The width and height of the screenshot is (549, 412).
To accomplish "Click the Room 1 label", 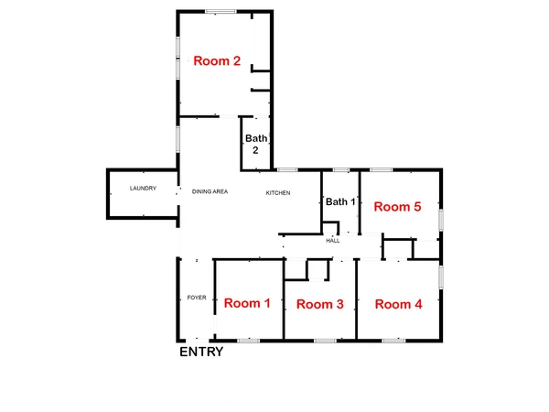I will click(x=247, y=303).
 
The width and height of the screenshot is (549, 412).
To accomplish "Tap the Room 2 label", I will click(x=217, y=61).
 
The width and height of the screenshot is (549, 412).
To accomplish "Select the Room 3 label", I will click(x=320, y=304).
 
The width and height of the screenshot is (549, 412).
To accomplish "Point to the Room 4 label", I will click(x=398, y=304).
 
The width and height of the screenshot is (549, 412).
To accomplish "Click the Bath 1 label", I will click(x=339, y=201).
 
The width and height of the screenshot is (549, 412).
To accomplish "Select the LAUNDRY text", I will click(x=143, y=189).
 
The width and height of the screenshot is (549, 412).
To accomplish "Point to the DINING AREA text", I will click(x=210, y=192).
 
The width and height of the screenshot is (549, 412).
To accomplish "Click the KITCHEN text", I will click(x=278, y=192).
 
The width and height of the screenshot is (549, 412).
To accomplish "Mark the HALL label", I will click(x=333, y=240).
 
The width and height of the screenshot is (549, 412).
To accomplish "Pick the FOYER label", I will click(x=196, y=298).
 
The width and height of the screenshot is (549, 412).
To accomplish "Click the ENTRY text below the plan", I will click(x=200, y=352).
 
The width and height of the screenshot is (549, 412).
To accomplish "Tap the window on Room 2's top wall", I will click(x=220, y=11).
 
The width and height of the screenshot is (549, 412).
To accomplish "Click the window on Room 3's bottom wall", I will click(x=325, y=341).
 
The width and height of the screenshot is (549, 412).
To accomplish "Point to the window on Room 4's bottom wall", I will click(x=393, y=341).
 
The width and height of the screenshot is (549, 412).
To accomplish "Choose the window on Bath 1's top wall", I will click(x=340, y=169).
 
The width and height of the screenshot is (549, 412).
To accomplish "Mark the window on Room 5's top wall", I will click(x=382, y=169).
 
